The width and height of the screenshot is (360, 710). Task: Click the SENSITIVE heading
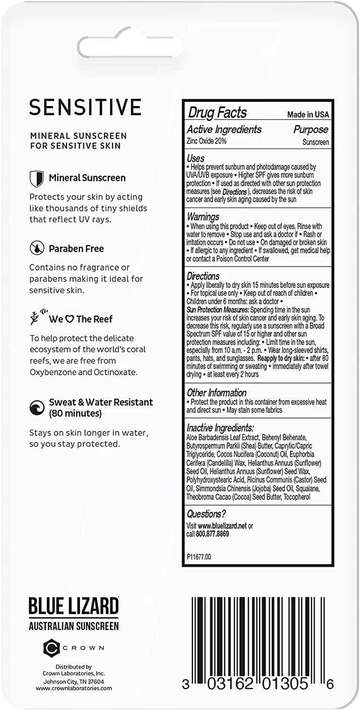pyautogui.click(x=85, y=107)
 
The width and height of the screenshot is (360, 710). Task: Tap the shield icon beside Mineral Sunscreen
pyautogui.click(x=36, y=178)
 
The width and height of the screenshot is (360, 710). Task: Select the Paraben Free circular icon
pyautogui.click(x=36, y=248)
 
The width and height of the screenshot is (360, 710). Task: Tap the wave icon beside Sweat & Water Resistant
pyautogui.click(x=36, y=408)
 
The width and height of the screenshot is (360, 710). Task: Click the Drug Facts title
pyautogui.click(x=217, y=113)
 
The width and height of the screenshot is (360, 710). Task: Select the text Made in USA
pyautogui.click(x=308, y=115)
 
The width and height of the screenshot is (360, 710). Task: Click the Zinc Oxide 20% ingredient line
pyautogui.click(x=206, y=141)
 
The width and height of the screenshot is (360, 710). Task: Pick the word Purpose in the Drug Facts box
pyautogui.click(x=310, y=130)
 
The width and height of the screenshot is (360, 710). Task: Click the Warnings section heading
pyautogui.click(x=203, y=217)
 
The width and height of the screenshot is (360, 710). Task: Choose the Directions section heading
pyautogui.click(x=203, y=276)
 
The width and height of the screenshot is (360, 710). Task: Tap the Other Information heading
pyautogui.click(x=216, y=393)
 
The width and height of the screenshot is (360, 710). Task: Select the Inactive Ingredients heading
pyautogui.click(x=220, y=427)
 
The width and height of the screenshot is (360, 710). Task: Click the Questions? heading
pyautogui.click(x=206, y=514)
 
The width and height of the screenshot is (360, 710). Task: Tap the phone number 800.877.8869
pyautogui.click(x=212, y=534)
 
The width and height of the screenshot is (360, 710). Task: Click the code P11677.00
pyautogui.click(x=199, y=557)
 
